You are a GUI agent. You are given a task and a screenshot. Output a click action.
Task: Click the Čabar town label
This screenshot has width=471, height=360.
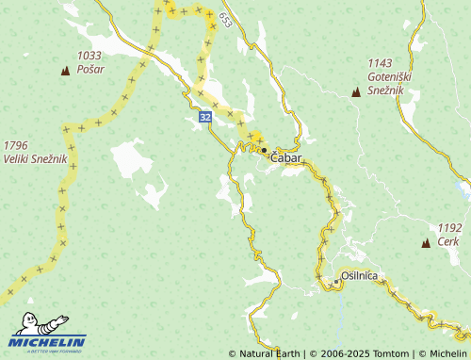pyautogui.click(x=286, y=158)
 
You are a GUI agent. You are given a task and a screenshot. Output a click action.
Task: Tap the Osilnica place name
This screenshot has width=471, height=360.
pyautogui.click(x=359, y=275)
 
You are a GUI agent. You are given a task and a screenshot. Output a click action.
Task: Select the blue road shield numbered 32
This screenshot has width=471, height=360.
pyautogui.click(x=205, y=117)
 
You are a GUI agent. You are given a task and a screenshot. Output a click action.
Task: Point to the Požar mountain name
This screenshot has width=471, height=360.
pyautogui.click(x=91, y=69)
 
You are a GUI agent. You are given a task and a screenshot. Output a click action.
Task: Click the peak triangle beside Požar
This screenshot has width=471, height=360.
pyautogui.click(x=65, y=71)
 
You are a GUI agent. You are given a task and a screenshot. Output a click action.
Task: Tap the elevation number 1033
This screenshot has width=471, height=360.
pyautogui.click(x=89, y=56)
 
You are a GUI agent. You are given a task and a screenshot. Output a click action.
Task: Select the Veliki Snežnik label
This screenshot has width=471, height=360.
pyautogui.click(x=35, y=158)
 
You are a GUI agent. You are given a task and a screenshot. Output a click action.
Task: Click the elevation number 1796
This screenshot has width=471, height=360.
pyautogui.click(x=16, y=145)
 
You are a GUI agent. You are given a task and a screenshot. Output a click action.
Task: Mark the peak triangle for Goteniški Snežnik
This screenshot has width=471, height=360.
pyautogui.click(x=355, y=92)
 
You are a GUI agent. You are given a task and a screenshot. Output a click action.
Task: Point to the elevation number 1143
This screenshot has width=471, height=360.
pyautogui.click(x=381, y=62)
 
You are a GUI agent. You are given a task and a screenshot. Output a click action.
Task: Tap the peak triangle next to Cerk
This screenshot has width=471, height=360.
pyautogui.click(x=426, y=243)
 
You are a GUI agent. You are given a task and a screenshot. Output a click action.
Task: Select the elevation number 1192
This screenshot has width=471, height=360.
pyautogui.click(x=449, y=227)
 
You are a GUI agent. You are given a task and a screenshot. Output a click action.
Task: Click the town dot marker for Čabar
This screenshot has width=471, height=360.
pyautogui.click(x=265, y=150)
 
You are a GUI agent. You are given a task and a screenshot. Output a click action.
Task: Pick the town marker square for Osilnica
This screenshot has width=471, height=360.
pyautogui.click(x=334, y=282)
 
